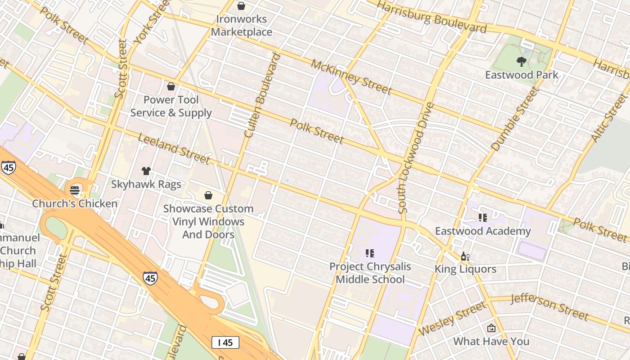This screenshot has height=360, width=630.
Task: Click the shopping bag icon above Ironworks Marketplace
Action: pyautogui.click(x=241, y=6)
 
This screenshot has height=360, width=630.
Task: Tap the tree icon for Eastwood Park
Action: pyautogui.click(x=522, y=61)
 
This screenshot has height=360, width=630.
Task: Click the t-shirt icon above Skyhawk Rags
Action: pyautogui.click(x=146, y=171)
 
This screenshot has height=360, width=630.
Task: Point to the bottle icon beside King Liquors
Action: pyautogui.click(x=465, y=256)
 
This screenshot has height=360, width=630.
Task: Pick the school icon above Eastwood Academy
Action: pyautogui.click(x=483, y=218)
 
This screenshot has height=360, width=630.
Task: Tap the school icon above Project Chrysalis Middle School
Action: pyautogui.click(x=370, y=253)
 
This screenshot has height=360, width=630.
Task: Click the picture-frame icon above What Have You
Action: pyautogui.click(x=491, y=328)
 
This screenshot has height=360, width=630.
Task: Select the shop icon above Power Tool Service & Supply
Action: pyautogui.click(x=171, y=86)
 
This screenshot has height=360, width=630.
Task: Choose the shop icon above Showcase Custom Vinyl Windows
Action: pyautogui.click(x=208, y=195)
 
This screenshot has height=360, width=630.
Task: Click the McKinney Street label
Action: pyautogui.click(x=351, y=77)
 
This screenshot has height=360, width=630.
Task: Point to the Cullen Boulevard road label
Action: pyautogui.click(x=262, y=95)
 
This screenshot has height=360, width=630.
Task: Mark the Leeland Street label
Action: pyautogui.click(x=174, y=148)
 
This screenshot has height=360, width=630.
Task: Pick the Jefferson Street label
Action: pyautogui.click(x=550, y=307)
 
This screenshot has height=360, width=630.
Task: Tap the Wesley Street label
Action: pyautogui.click(x=452, y=319)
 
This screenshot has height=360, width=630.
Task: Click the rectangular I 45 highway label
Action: pyautogui.click(x=225, y=342)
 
